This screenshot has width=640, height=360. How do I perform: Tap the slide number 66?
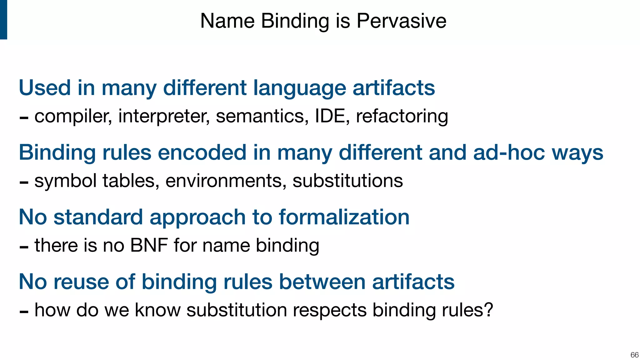(634, 355)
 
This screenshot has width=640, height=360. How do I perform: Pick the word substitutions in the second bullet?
(347, 181)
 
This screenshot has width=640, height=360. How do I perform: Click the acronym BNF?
(149, 245)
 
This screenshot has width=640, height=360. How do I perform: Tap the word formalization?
(344, 217)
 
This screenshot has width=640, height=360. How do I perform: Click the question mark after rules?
(488, 310)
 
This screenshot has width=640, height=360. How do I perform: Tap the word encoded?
(202, 152)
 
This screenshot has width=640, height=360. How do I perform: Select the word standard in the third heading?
(98, 217)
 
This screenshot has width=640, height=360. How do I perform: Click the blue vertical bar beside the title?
(3, 19)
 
